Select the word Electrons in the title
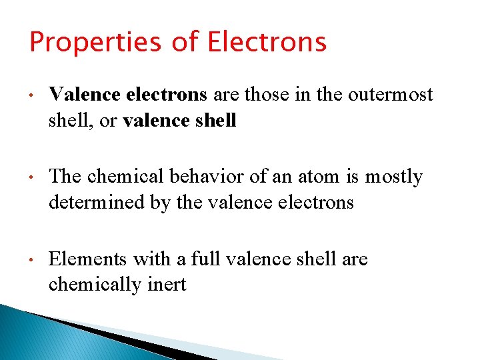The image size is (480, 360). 267,41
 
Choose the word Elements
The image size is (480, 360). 88,259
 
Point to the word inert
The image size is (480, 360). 167,285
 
